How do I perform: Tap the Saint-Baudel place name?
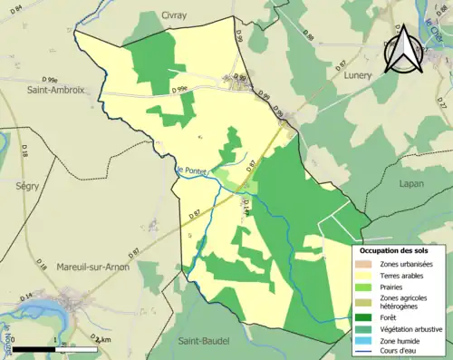(202, 341)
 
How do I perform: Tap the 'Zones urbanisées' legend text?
(407, 264)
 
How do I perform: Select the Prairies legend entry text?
(397, 289)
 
